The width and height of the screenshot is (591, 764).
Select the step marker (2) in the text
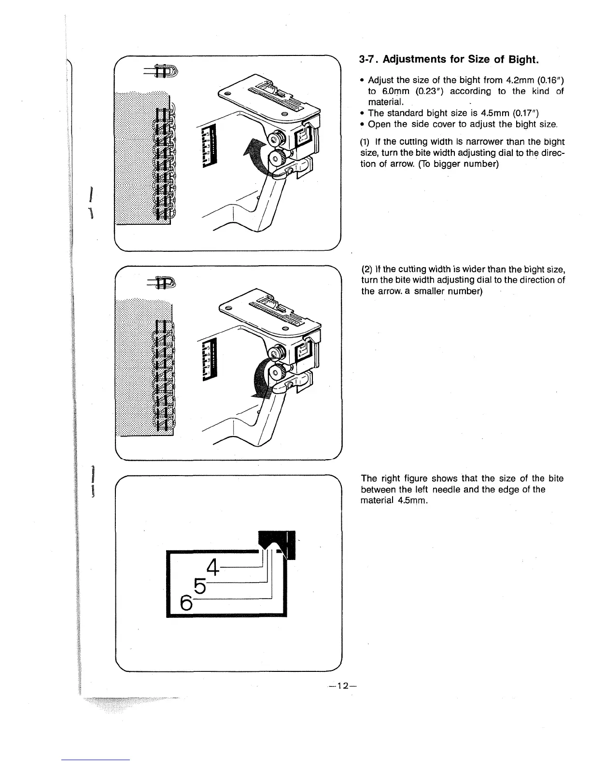[366, 270]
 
